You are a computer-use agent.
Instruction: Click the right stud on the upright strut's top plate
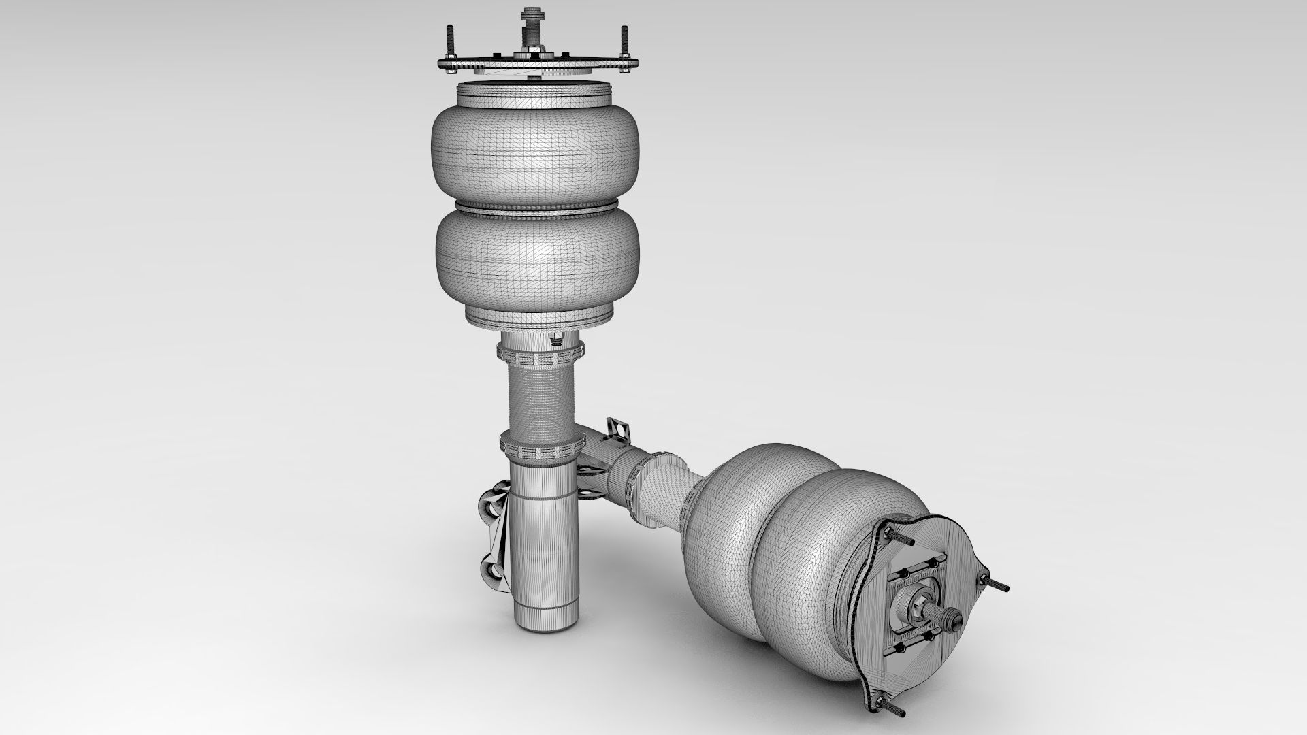click(622, 42)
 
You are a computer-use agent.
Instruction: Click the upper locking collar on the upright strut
click(540, 355)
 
